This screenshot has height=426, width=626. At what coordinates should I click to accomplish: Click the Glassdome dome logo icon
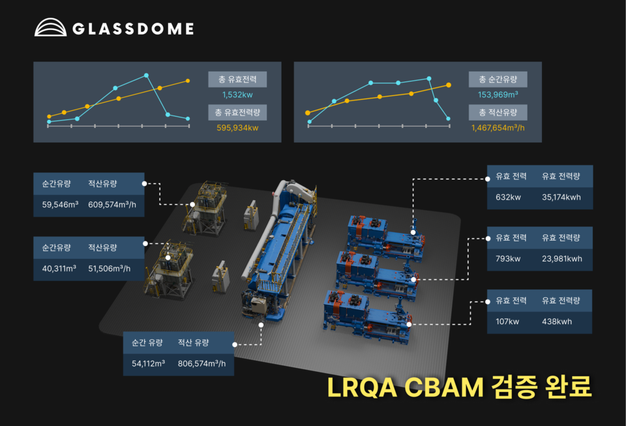click(x=50, y=27)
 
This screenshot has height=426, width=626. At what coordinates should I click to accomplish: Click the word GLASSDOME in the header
click(x=133, y=29)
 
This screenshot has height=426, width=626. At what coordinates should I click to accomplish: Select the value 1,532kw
click(x=237, y=95)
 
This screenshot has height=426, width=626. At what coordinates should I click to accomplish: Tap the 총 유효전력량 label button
click(x=237, y=112)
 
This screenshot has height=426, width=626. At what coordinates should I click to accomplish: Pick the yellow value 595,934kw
click(x=237, y=128)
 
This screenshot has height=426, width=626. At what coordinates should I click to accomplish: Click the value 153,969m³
click(x=498, y=95)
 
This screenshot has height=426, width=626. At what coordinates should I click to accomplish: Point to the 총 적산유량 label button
click(x=498, y=112)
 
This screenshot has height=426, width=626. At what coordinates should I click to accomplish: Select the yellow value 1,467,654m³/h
click(x=498, y=128)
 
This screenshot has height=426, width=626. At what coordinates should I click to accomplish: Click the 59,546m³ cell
click(x=60, y=204)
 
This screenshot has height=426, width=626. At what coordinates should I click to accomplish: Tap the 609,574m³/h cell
click(x=112, y=204)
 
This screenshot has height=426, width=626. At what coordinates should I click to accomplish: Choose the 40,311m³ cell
click(x=60, y=268)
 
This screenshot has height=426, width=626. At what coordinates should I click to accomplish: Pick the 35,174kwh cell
click(x=561, y=197)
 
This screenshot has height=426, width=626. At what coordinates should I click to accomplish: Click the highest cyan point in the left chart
click(x=147, y=75)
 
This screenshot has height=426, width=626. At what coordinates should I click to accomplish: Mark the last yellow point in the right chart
click(x=449, y=85)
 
